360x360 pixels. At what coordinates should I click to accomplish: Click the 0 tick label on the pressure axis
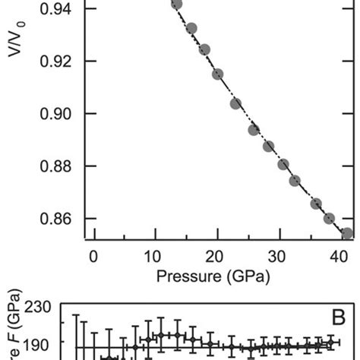tap(93, 256)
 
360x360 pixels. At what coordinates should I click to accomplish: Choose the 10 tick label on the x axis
tap(155, 256)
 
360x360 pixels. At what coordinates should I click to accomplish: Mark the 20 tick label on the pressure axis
tap(217, 256)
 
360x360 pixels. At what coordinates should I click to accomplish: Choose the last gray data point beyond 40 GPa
tap(347, 233)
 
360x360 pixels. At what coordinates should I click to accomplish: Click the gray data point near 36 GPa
tap(316, 204)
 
